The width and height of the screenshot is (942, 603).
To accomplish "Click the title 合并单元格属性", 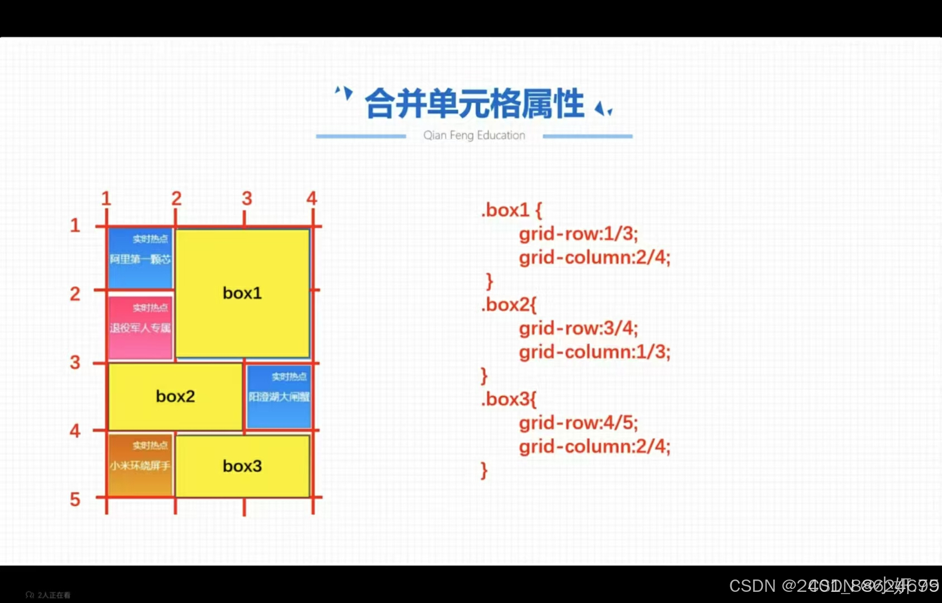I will (474, 104).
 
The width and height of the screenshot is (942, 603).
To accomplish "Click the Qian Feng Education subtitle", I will (474, 135).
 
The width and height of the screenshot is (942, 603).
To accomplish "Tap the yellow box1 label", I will (242, 293).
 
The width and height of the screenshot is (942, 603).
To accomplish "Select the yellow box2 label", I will (175, 396).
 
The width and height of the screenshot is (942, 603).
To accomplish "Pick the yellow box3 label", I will (242, 466).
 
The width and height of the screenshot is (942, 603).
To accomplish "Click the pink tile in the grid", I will (140, 327).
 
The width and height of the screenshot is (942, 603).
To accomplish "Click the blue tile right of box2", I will (279, 397).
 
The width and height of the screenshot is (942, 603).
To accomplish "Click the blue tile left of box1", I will (140, 258).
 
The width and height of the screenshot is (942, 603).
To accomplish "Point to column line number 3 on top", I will (247, 198).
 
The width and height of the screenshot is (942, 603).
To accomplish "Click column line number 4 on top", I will (312, 198).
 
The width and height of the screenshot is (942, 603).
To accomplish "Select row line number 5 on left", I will (75, 499).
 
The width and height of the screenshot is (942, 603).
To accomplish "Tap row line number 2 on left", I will (75, 294).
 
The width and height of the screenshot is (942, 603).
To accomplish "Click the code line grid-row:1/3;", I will (578, 234).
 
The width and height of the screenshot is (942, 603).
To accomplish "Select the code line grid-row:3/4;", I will (578, 328).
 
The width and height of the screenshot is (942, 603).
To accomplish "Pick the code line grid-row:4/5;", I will (578, 423).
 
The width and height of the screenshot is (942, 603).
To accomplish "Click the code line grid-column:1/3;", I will (594, 352).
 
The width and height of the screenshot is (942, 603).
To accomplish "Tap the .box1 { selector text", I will (511, 210).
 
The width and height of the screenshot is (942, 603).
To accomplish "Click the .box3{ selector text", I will (508, 400).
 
